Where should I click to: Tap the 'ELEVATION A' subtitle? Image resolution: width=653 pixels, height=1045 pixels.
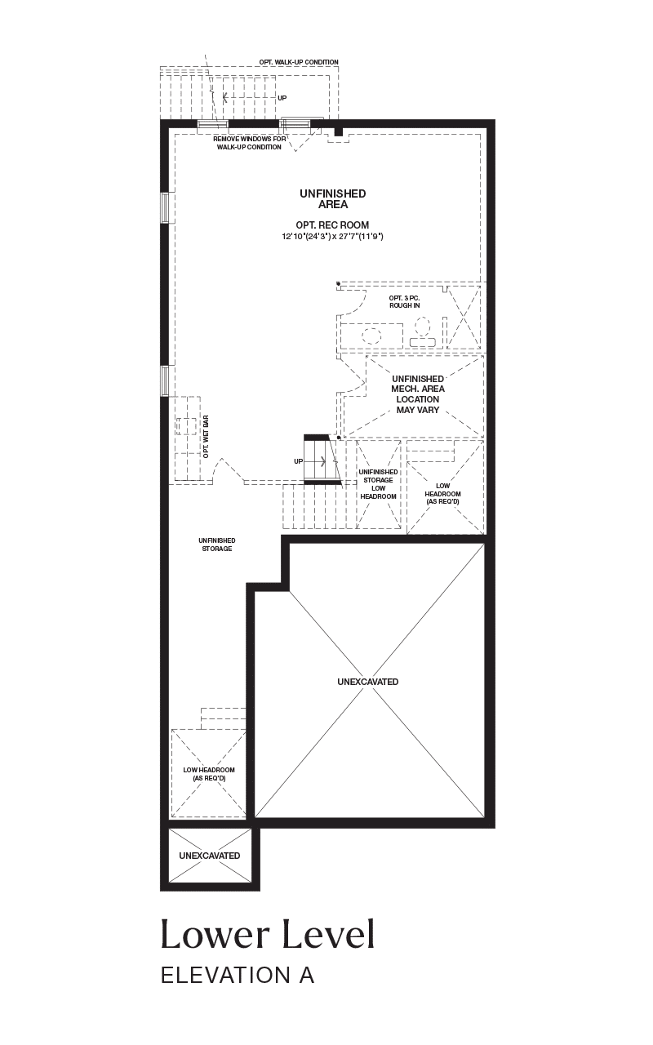point(238,976)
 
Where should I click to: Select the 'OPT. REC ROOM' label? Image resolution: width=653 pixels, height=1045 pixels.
point(332,225)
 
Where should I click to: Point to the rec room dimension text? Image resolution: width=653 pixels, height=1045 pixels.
point(332,237)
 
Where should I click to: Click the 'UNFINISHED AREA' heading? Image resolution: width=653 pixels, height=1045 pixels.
point(333,198)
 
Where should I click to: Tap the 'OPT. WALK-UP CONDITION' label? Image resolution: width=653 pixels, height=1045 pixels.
point(299,62)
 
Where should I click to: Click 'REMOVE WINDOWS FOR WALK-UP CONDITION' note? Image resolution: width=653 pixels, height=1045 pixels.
point(249,143)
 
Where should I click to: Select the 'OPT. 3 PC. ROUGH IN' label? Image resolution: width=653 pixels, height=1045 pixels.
point(404,301)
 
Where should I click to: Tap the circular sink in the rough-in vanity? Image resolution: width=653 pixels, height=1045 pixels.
point(371,336)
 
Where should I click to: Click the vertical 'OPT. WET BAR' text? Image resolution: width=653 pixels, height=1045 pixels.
point(206,437)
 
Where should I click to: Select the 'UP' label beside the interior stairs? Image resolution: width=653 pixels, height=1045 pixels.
point(298,461)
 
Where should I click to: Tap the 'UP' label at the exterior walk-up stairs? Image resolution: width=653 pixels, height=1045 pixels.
point(282,98)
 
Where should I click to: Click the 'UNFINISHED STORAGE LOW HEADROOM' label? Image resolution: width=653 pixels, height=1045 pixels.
point(378,484)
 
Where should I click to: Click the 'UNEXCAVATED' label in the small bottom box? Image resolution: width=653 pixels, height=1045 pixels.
point(210,856)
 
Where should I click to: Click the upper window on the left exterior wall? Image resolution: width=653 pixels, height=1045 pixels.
point(165,207)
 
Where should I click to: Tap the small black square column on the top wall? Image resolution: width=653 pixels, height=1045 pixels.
point(339,132)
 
